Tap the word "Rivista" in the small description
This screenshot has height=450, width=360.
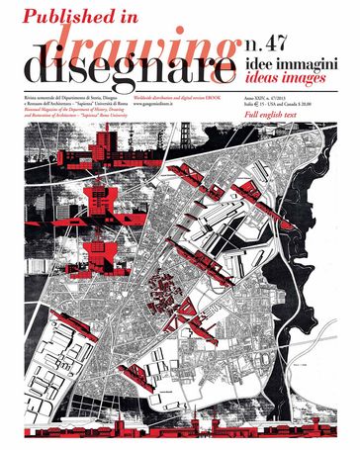(x=31, y=98)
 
